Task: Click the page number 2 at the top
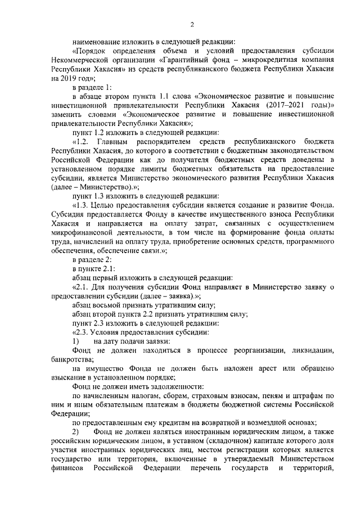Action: (192, 24)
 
